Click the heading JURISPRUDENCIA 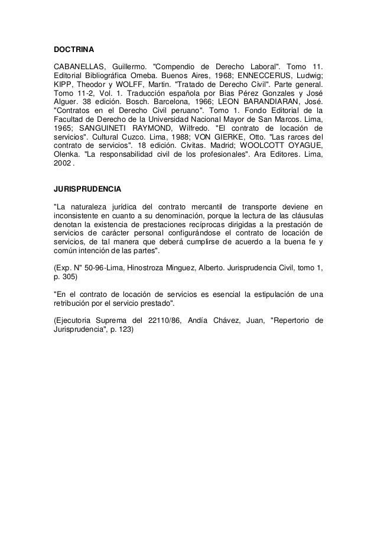point(87,190)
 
